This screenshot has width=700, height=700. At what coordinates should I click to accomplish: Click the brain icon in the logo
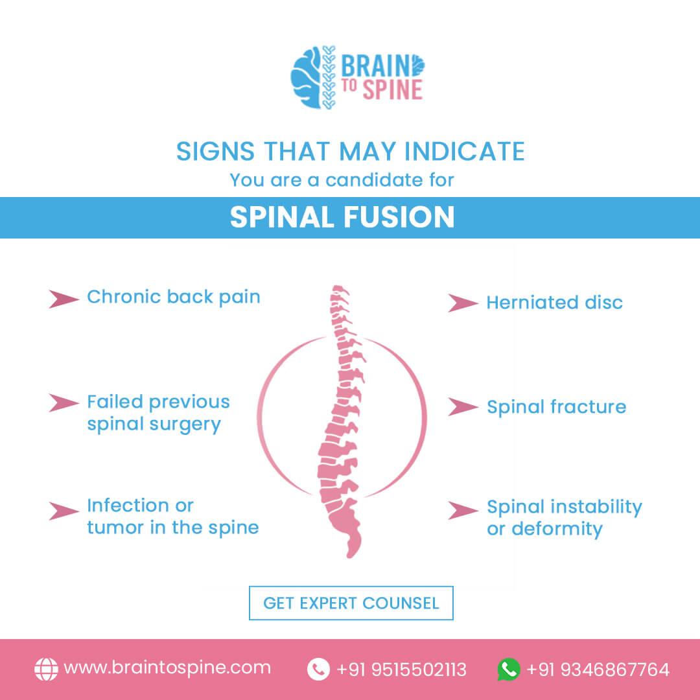[306, 77]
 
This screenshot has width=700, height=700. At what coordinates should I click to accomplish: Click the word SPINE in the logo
[392, 89]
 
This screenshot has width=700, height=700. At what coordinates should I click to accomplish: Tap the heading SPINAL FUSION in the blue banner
[342, 217]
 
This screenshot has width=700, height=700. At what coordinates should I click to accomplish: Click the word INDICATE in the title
[464, 151]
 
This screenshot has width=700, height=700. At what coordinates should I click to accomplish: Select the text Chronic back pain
[174, 297]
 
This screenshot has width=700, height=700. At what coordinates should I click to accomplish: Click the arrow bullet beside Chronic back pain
[64, 299]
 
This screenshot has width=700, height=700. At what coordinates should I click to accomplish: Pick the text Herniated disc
[554, 303]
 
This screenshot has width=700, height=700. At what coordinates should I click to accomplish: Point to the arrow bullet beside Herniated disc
[463, 303]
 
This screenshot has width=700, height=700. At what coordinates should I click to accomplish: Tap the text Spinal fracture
[556, 407]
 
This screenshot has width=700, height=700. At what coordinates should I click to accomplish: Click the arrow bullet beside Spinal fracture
[463, 406]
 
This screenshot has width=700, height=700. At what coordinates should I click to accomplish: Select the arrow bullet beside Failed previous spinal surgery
[64, 402]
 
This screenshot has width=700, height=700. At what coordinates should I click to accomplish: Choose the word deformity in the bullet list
[557, 529]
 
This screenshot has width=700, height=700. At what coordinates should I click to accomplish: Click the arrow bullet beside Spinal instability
[463, 511]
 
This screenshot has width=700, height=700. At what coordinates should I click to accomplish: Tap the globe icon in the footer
[47, 669]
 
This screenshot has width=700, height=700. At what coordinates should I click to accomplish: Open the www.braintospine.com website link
[167, 668]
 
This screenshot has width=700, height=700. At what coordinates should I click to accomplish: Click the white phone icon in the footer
[318, 669]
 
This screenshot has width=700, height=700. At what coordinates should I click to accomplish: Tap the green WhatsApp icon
[509, 669]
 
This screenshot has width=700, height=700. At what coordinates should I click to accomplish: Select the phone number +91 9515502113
[402, 670]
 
